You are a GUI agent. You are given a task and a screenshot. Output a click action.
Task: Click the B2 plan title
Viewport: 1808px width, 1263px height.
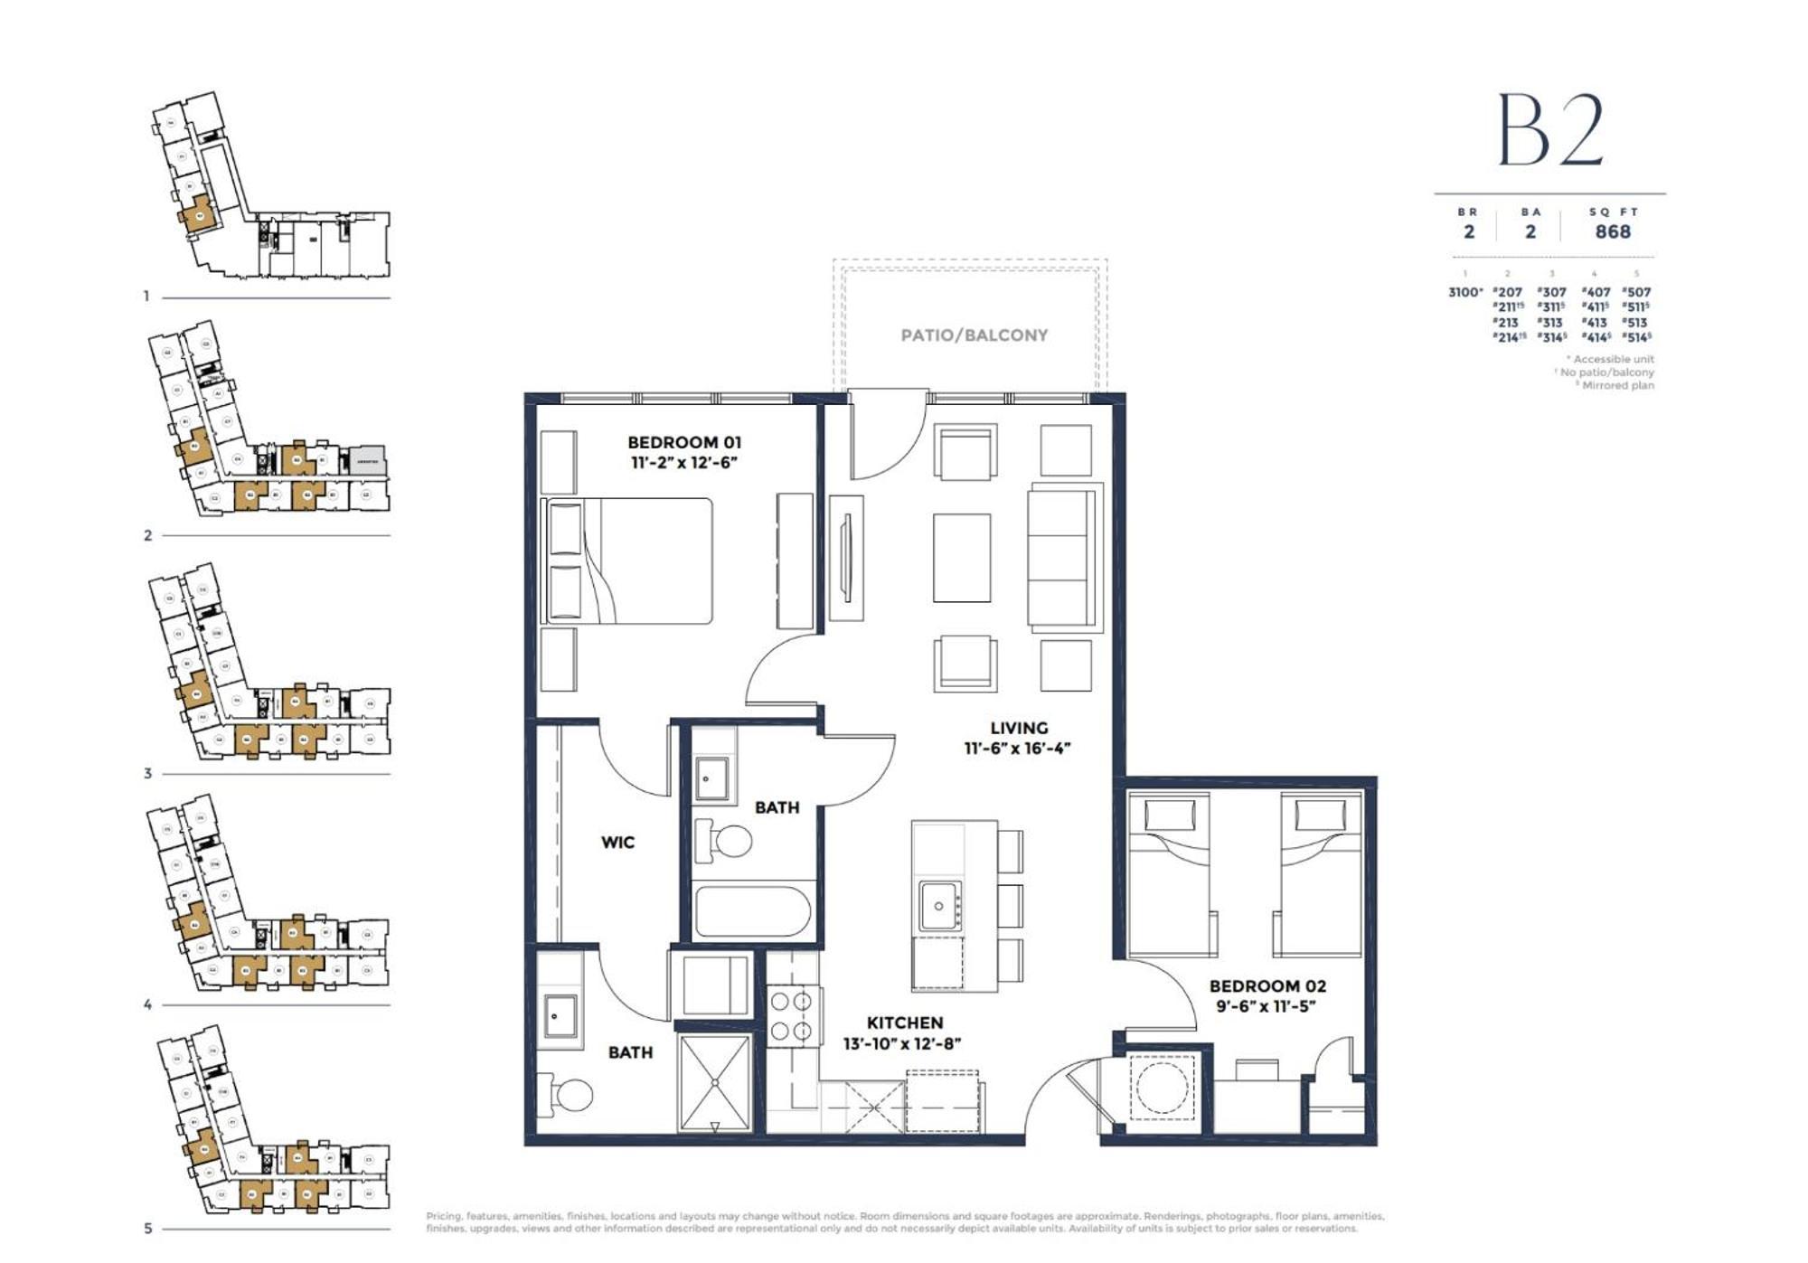pyautogui.click(x=1550, y=131)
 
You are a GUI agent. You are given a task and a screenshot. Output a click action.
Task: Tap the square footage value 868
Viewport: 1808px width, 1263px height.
pyautogui.click(x=1612, y=231)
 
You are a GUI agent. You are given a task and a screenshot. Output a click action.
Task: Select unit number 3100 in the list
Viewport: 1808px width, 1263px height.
pyautogui.click(x=1464, y=292)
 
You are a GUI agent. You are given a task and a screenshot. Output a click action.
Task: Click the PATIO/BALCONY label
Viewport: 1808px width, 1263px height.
pyautogui.click(x=974, y=335)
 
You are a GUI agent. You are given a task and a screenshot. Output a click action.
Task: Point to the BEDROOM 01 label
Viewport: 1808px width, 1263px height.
pyautogui.click(x=683, y=442)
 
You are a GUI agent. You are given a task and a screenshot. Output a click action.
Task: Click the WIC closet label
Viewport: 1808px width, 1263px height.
pyautogui.click(x=617, y=843)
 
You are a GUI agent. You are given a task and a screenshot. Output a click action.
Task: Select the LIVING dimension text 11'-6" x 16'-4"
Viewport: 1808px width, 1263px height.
pyautogui.click(x=1017, y=749)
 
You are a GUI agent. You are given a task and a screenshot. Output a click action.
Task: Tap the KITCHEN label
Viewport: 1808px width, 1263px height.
pyautogui.click(x=904, y=1023)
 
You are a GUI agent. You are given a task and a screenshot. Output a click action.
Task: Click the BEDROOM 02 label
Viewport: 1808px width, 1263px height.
pyautogui.click(x=1267, y=986)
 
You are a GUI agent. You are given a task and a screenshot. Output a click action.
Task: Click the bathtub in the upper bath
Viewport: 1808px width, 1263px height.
pyautogui.click(x=751, y=911)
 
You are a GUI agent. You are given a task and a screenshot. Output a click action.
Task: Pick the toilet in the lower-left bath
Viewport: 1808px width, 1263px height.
pyautogui.click(x=566, y=1096)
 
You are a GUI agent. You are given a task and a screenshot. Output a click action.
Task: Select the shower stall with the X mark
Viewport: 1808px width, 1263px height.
pyautogui.click(x=714, y=1082)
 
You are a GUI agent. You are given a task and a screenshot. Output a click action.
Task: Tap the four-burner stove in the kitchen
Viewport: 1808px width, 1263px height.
pyautogui.click(x=791, y=1016)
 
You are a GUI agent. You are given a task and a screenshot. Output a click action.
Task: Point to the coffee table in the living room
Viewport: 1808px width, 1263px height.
pyautogui.click(x=961, y=558)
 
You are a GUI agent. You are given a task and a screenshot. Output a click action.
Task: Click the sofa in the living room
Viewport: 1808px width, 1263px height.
pyautogui.click(x=1064, y=558)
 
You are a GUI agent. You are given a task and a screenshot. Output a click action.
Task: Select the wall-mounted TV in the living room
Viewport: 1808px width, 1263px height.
pyautogui.click(x=847, y=558)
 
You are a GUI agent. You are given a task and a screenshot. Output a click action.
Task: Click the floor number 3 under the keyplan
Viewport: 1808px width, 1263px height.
pyautogui.click(x=147, y=774)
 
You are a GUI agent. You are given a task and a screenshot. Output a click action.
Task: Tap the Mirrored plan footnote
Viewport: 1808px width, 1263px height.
pyautogui.click(x=1616, y=385)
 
